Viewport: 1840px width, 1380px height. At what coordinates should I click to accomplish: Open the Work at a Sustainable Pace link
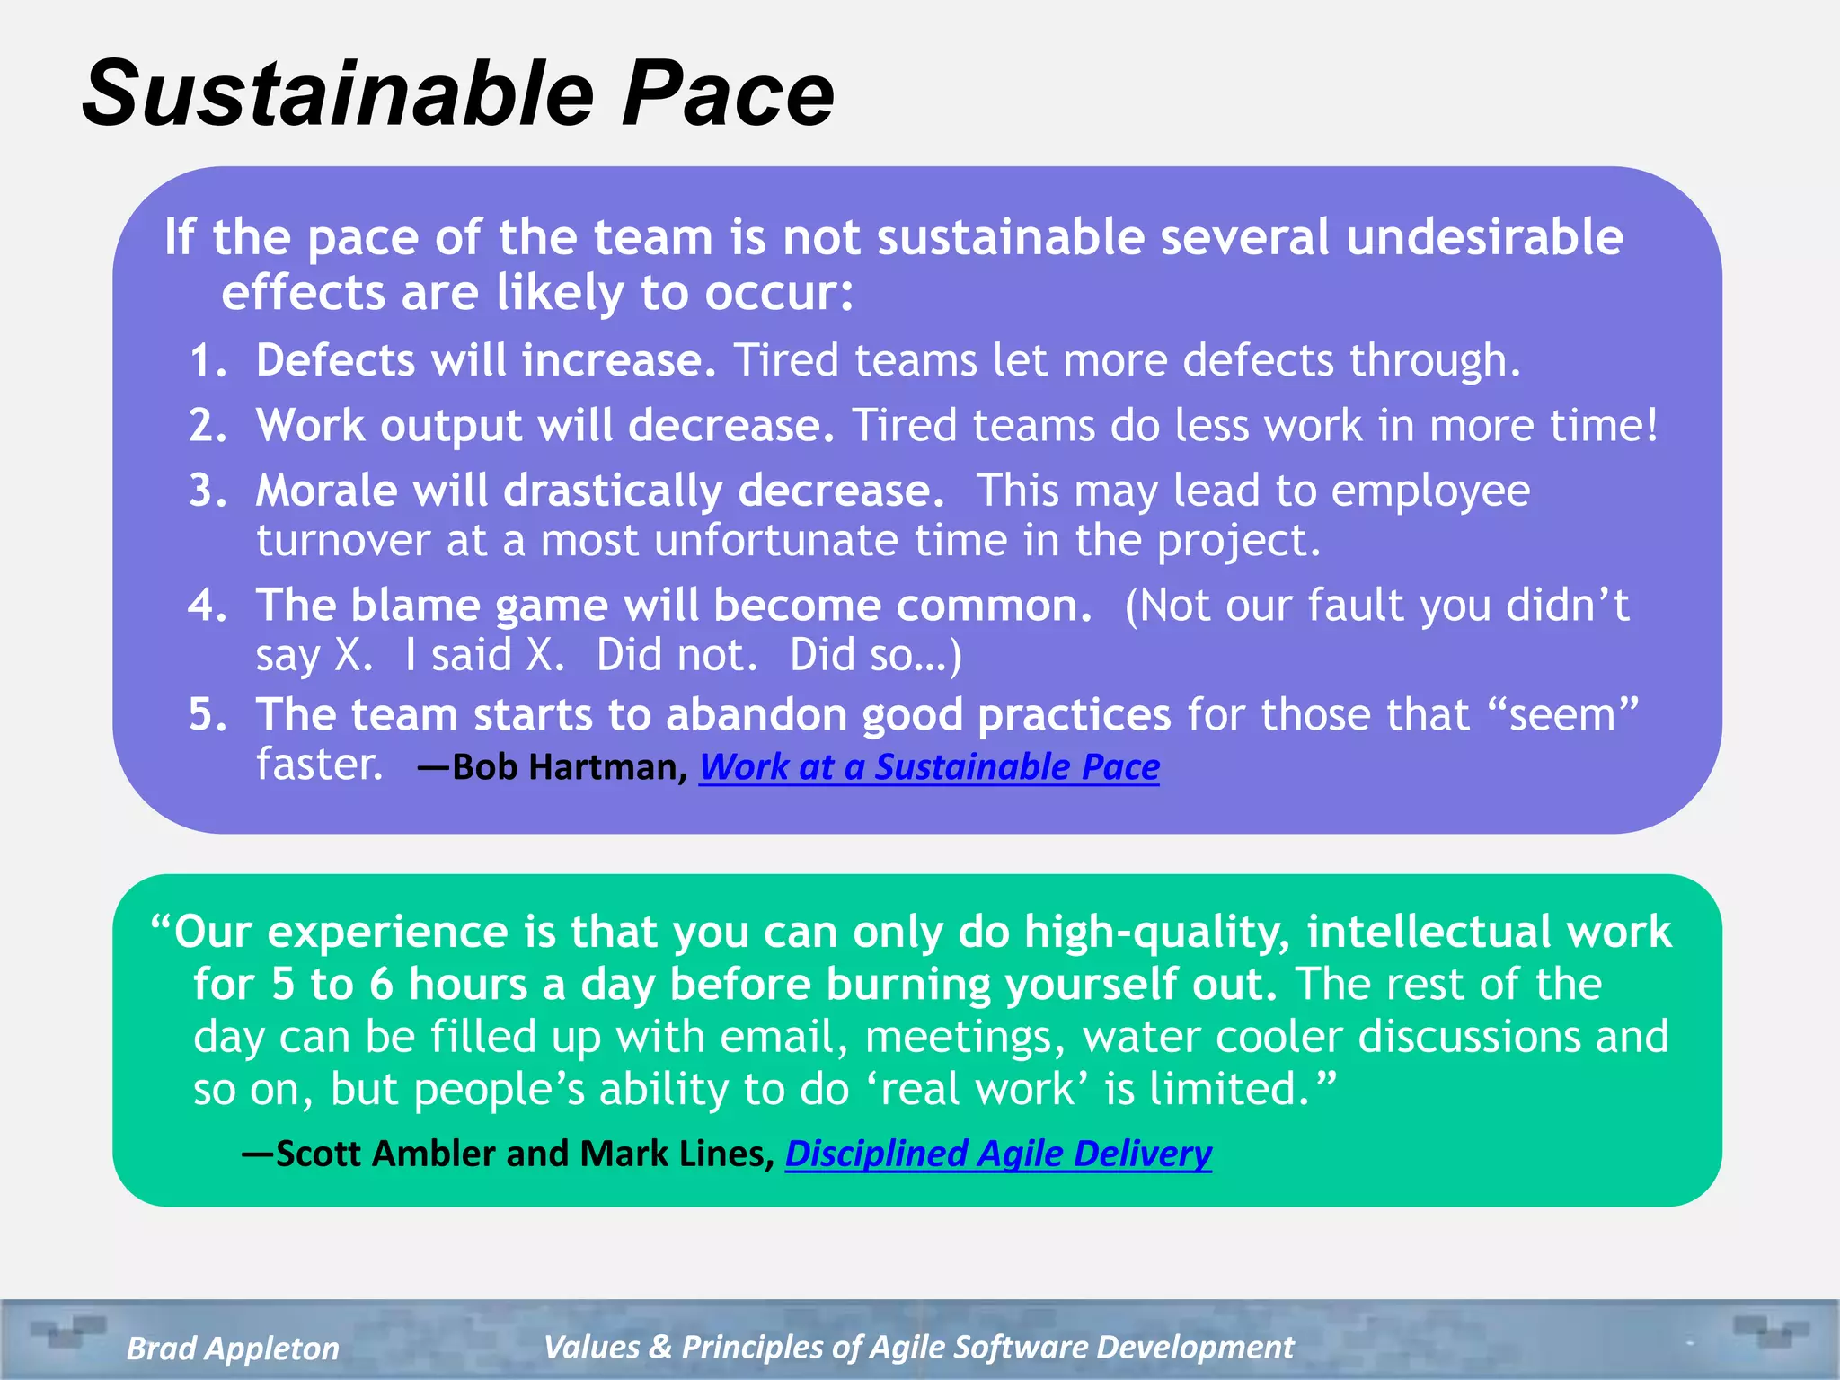coord(929,767)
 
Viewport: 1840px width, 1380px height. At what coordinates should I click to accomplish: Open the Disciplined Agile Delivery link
coord(998,1154)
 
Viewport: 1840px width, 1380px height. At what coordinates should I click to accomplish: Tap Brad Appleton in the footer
coord(233,1348)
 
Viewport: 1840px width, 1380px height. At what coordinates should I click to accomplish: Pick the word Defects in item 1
coord(335,361)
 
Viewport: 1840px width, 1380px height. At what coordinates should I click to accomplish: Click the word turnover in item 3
coord(343,541)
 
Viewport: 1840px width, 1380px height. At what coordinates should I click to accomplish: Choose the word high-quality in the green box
coord(1157,933)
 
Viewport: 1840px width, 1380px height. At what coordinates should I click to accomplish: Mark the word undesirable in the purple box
coord(1484,238)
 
